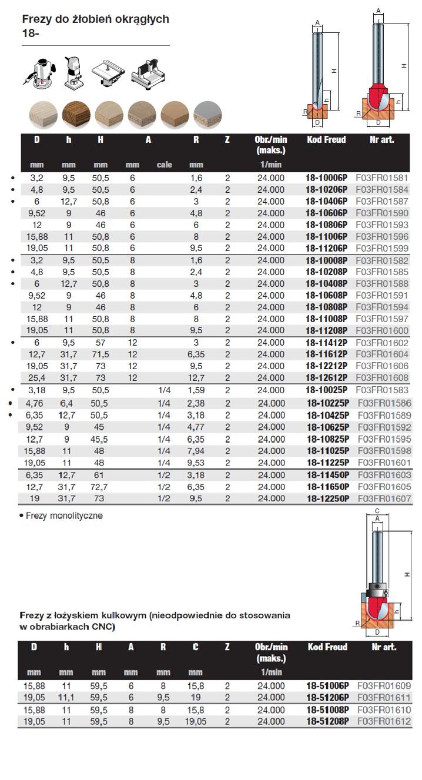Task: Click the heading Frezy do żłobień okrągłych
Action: (95, 19)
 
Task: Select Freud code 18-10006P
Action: (327, 178)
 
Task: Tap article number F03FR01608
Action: (381, 377)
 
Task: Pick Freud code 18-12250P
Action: (327, 498)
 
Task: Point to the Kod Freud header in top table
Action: (326, 140)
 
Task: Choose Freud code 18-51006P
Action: (327, 685)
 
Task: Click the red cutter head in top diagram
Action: (377, 93)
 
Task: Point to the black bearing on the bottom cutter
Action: (376, 587)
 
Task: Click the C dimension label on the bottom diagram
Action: (377, 510)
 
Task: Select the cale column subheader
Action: (164, 165)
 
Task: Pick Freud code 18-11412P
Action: (327, 342)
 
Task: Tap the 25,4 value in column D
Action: (36, 377)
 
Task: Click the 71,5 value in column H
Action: (101, 354)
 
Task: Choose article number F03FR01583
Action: (381, 390)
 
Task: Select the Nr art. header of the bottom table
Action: (384, 647)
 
